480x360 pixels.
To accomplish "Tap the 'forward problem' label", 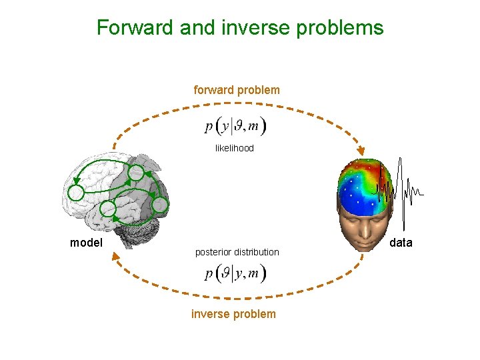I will [x=237, y=89].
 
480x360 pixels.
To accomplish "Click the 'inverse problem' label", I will [x=233, y=314].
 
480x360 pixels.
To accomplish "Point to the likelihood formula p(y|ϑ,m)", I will [x=235, y=125].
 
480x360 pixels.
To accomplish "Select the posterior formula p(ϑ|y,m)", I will [x=235, y=273].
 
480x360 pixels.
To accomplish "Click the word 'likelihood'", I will [x=235, y=148].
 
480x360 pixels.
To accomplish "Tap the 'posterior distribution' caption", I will [x=237, y=252].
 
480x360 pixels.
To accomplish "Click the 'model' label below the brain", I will [x=86, y=243].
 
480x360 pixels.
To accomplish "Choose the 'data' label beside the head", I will [x=401, y=243].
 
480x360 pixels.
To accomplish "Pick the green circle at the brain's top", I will [x=135, y=173].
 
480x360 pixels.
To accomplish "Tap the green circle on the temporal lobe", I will [x=107, y=210].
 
